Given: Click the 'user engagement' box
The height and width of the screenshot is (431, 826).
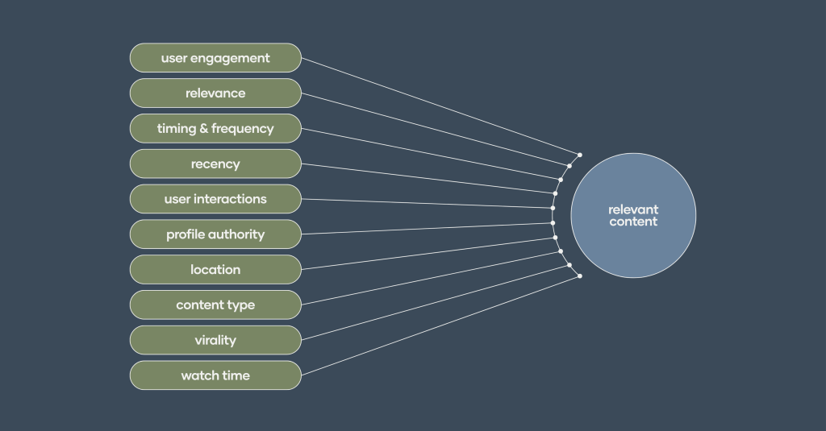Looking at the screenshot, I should point(215,58).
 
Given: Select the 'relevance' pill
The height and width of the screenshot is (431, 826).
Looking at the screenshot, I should point(215,93).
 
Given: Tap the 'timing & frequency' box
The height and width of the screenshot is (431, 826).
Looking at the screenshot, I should point(215,129).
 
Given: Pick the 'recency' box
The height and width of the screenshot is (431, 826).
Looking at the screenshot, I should point(215,164).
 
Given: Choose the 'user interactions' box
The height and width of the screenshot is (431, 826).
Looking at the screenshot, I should point(215,199).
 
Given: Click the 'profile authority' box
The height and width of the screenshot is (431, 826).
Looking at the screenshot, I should point(215,234).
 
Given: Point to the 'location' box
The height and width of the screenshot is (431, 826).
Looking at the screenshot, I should point(215,270).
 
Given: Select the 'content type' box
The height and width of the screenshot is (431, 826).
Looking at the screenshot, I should point(215,305).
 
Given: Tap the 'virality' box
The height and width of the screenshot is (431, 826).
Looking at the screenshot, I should point(215,340).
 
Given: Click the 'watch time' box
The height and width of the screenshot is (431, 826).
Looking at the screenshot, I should point(215,375).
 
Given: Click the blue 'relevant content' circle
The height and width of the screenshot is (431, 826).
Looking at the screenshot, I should point(633,215).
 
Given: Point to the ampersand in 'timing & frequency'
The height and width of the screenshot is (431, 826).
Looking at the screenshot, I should point(204,129).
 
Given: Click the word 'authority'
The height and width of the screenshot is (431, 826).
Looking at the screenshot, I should point(236,234).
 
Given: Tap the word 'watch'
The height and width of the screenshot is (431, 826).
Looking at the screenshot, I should point(198,375).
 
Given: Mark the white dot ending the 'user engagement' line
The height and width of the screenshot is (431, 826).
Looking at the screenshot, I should point(580,154).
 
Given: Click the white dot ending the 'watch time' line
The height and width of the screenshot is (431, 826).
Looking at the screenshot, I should point(580,276).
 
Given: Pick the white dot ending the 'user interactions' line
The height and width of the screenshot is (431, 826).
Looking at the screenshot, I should point(553,208).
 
